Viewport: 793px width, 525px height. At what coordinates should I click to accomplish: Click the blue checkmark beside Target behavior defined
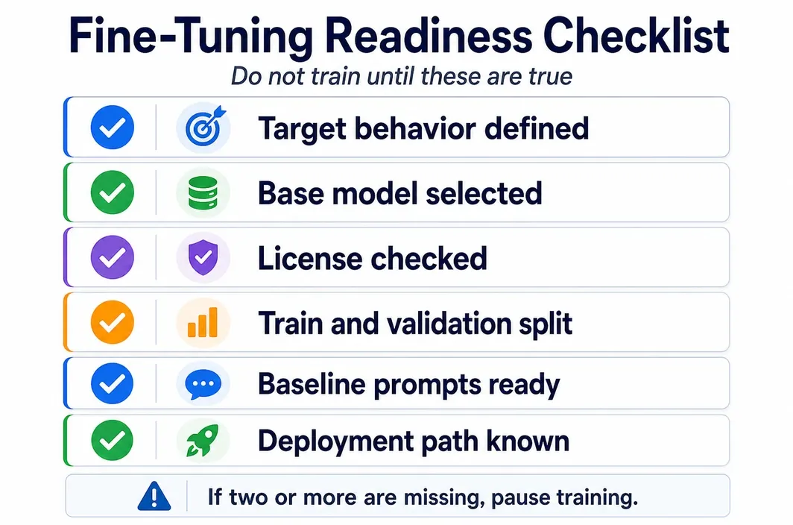(113, 127)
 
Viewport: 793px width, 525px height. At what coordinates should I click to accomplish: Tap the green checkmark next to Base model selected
(113, 192)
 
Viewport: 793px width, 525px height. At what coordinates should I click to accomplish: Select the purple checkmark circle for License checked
(113, 257)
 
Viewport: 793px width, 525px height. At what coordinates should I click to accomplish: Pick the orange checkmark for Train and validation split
(113, 322)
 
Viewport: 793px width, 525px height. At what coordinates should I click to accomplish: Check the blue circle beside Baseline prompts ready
(113, 383)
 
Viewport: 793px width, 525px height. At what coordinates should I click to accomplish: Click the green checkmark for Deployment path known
(113, 440)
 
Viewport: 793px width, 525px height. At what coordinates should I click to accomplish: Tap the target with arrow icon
(204, 126)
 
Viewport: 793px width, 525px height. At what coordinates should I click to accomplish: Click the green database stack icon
(203, 193)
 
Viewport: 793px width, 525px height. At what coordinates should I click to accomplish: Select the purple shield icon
(203, 258)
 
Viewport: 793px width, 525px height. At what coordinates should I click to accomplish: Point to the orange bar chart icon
(202, 322)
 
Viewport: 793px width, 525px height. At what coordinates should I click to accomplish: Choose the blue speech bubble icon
(203, 385)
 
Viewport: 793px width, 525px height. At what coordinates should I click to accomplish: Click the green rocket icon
(203, 440)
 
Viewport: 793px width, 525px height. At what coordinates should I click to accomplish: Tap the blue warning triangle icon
(154, 496)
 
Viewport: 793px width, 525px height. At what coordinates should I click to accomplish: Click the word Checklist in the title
(636, 36)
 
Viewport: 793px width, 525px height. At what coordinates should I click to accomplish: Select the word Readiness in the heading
(429, 36)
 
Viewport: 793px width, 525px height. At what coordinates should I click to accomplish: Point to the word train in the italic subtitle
(336, 77)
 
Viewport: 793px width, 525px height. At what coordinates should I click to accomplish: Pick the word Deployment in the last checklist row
(335, 441)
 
